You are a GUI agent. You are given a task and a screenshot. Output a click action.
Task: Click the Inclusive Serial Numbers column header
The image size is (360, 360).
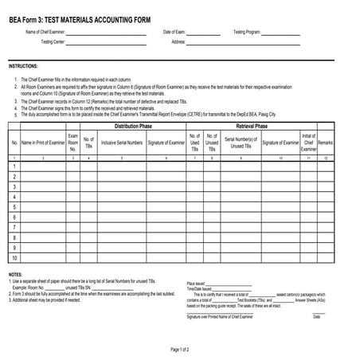[122, 143]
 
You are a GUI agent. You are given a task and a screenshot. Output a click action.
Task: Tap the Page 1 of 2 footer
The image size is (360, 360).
[180, 350]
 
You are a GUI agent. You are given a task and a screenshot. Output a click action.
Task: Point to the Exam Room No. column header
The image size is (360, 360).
[72, 143]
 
